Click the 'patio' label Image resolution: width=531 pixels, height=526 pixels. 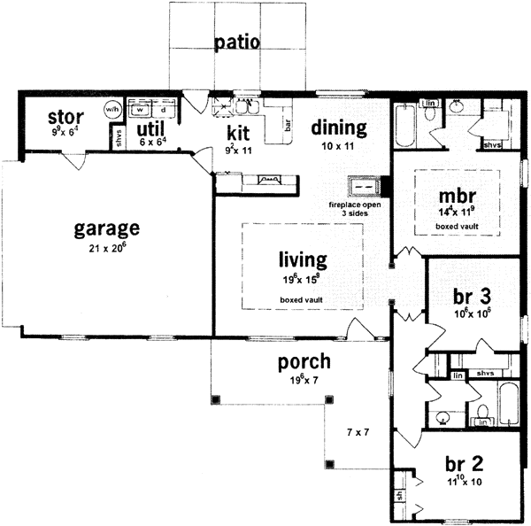[236, 43]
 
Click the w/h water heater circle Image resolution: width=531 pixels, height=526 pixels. [112, 109]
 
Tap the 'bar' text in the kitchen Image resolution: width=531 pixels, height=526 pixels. [288, 126]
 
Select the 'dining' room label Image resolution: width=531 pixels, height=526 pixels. [339, 128]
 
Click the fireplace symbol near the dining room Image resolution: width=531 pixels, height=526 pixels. [362, 187]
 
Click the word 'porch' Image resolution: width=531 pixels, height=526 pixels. [304, 361]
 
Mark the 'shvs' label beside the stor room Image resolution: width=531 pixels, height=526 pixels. [119, 137]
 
